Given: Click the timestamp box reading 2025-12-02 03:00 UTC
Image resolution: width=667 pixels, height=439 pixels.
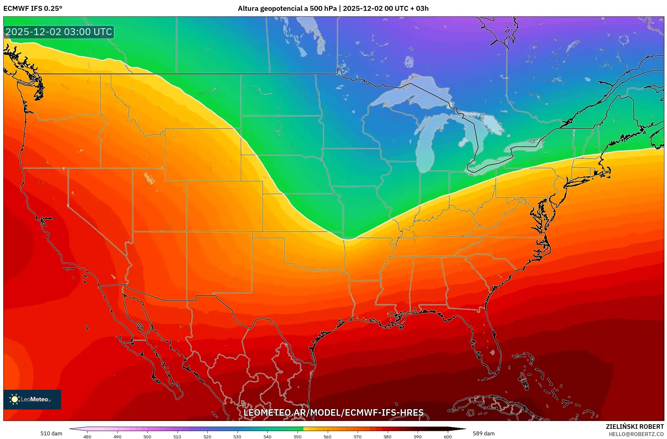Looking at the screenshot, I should pyautogui.click(x=59, y=32).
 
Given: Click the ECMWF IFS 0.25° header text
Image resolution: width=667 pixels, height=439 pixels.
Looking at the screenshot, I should pyautogui.click(x=33, y=9).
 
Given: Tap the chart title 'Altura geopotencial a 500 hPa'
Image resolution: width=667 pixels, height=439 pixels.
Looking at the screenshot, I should pyautogui.click(x=287, y=9).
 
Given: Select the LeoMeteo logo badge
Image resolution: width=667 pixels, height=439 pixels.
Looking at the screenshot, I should pyautogui.click(x=32, y=399).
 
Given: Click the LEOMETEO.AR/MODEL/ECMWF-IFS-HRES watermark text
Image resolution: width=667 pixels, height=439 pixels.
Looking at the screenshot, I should pyautogui.click(x=333, y=412).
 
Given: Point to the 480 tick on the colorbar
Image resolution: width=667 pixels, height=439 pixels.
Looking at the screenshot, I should pyautogui.click(x=87, y=437).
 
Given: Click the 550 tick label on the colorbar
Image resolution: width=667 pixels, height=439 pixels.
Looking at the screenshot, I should pyautogui.click(x=298, y=437).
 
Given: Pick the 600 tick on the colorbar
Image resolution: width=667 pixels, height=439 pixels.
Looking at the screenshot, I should pyautogui.click(x=448, y=437).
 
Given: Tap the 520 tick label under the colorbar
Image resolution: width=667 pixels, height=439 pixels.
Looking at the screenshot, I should pyautogui.click(x=207, y=437).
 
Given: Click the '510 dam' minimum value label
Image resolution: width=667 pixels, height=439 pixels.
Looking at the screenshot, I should pyautogui.click(x=51, y=433).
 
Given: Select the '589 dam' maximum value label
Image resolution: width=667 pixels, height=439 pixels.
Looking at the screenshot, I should pyautogui.click(x=484, y=433).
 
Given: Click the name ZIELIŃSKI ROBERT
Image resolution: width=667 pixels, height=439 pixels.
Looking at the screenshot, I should pyautogui.click(x=635, y=427).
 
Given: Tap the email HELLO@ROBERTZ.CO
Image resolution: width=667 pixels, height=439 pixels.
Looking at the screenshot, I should pyautogui.click(x=636, y=434).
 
